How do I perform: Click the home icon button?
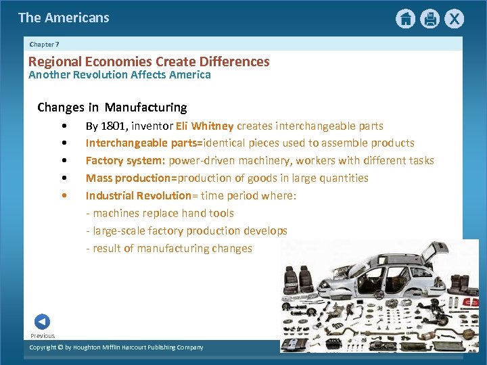pyautogui.click(x=405, y=19)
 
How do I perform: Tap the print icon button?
pyautogui.click(x=430, y=19)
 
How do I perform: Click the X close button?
pyautogui.click(x=455, y=19)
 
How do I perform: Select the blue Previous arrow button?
pyautogui.click(x=42, y=322)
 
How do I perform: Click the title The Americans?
pyautogui.click(x=64, y=18)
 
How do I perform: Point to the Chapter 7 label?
pyautogui.click(x=45, y=44)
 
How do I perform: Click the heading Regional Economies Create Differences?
pyautogui.click(x=149, y=62)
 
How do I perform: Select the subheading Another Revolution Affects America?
pyautogui.click(x=120, y=74)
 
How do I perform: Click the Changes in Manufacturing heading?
pyautogui.click(x=112, y=107)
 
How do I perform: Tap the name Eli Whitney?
pyautogui.click(x=204, y=126)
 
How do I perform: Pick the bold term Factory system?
pyautogui.click(x=125, y=160)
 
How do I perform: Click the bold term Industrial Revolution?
pyautogui.click(x=139, y=195)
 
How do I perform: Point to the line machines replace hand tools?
pyautogui.click(x=160, y=213)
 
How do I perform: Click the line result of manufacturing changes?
pyautogui.click(x=168, y=248)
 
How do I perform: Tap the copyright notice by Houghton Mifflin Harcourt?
pyautogui.click(x=116, y=347)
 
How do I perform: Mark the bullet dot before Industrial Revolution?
pyautogui.click(x=64, y=195)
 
